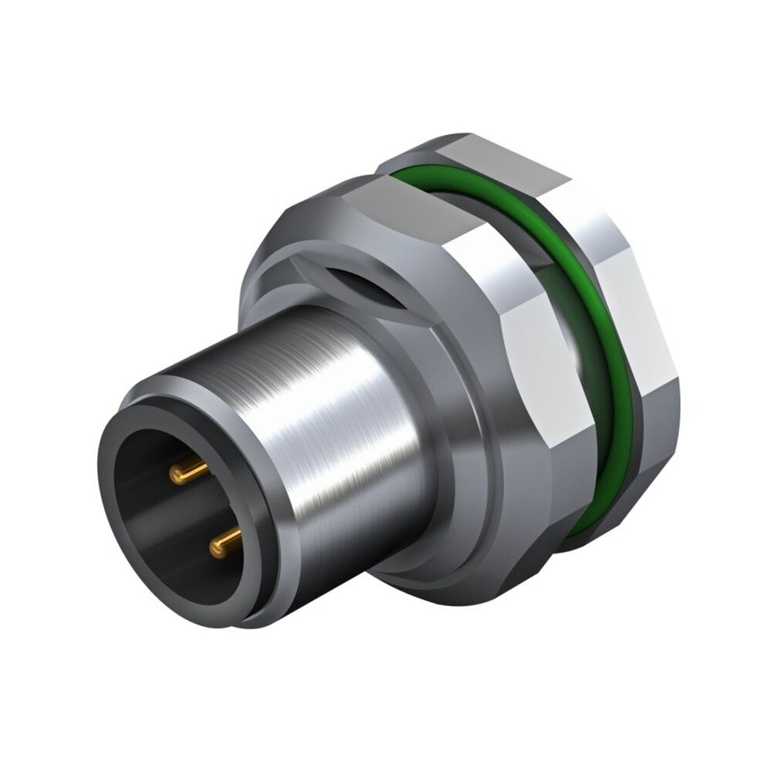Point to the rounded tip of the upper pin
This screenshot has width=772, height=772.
tap(177, 472)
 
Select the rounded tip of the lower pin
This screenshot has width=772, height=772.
tap(213, 547)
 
